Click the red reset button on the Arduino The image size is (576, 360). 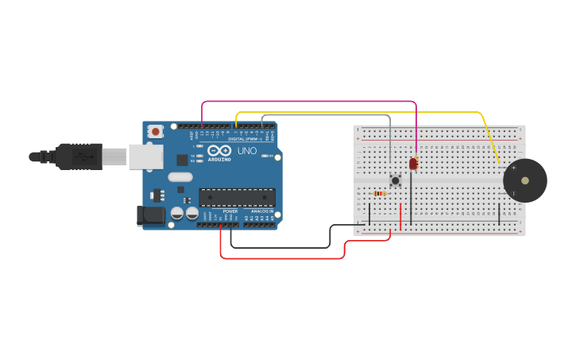[156, 131]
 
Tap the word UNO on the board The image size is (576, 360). [247, 151]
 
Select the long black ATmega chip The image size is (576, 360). [237, 197]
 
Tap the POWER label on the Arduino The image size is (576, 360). [230, 211]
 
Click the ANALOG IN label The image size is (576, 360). [261, 211]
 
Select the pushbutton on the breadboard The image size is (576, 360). [395, 180]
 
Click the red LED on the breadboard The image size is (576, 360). [413, 163]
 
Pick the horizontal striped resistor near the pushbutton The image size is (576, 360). [380, 193]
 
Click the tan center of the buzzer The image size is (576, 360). [525, 180]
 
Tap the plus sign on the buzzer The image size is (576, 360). [513, 168]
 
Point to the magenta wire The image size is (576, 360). [310, 102]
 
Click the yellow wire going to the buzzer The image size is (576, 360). [358, 113]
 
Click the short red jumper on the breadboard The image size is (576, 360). [400, 215]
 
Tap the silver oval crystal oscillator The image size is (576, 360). [180, 176]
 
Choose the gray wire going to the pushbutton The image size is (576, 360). [326, 116]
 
